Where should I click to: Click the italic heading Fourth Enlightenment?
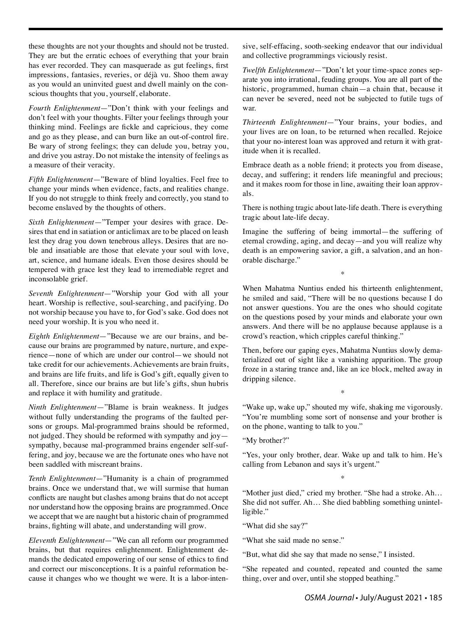tap(65, 108)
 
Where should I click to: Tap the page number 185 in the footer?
tap(436, 598)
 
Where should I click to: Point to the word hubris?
tap(217, 384)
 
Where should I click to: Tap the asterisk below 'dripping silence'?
tap(342, 392)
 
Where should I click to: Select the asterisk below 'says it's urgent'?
tap(342, 478)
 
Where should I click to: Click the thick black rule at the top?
tap(235, 29)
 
